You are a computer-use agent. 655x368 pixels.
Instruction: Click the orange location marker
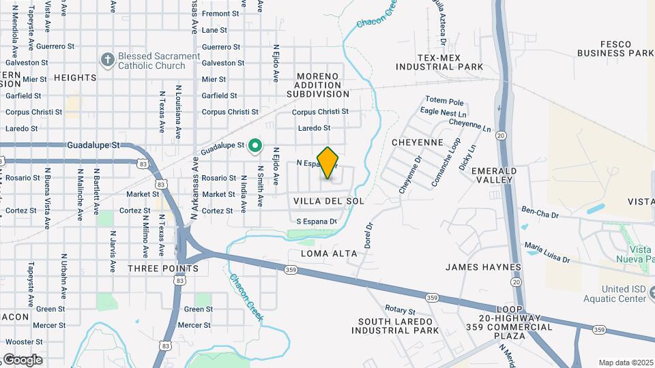pos(328,163)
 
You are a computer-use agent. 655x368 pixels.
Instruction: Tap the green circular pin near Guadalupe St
pos(255,145)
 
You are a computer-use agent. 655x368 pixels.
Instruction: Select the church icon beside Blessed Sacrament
pos(107,61)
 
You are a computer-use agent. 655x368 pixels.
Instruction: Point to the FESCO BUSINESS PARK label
pos(615,47)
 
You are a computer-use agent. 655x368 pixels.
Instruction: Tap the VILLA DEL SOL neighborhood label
pos(328,201)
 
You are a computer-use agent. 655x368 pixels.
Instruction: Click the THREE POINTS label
pos(163,269)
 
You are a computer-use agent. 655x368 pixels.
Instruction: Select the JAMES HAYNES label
pos(483,267)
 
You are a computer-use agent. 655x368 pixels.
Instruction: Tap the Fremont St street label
pos(220,13)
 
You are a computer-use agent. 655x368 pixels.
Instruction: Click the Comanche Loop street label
pos(446,163)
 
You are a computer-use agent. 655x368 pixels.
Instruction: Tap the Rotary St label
pos(400,309)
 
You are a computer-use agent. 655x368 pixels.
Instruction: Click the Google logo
pos(23,360)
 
